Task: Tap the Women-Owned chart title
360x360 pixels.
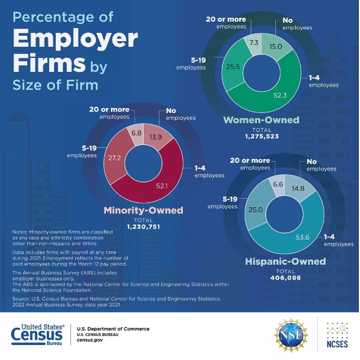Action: [x=261, y=120]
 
